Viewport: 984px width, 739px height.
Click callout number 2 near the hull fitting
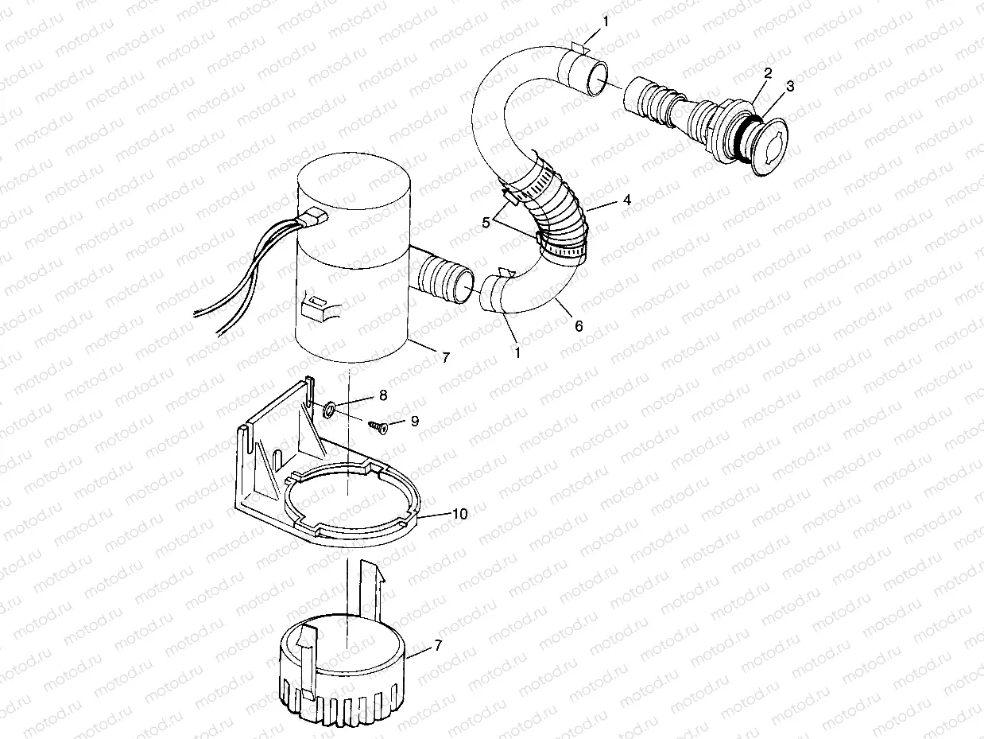click(768, 73)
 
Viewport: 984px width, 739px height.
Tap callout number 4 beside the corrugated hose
click(627, 200)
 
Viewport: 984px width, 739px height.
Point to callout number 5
click(486, 223)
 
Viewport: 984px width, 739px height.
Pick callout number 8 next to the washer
click(383, 395)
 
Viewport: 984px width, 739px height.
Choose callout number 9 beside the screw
click(413, 421)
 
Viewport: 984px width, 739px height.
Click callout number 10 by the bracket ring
click(460, 514)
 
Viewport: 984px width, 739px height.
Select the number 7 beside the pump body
click(445, 357)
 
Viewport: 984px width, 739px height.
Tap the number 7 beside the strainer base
click(437, 647)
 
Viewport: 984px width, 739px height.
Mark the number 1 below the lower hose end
click(517, 350)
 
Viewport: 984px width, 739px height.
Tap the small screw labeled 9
click(378, 428)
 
